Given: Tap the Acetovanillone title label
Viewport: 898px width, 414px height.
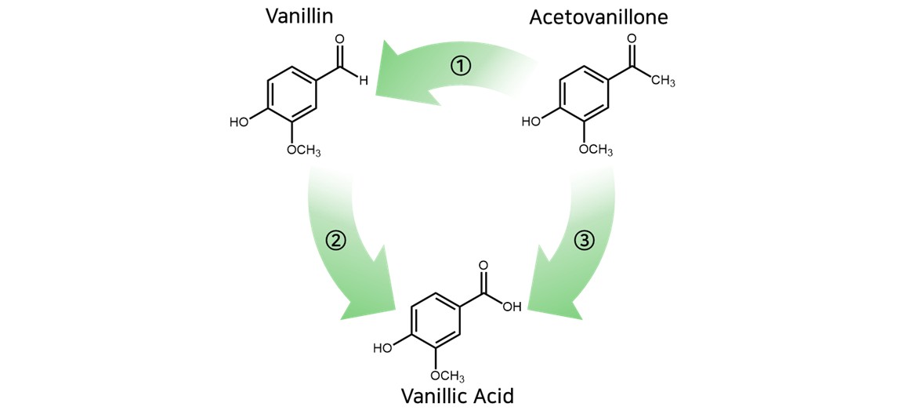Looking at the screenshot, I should pos(599,16).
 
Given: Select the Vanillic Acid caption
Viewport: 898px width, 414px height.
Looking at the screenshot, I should pos(458,395).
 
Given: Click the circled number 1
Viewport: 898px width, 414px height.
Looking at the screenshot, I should pos(461,66).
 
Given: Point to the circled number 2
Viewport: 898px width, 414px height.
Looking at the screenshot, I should pos(335,241).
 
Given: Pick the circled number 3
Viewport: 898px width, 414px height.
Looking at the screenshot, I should pos(585,241).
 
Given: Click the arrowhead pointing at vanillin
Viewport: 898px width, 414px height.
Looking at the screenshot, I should pos(396,72).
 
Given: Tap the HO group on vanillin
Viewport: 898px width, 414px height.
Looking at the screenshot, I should pos(238,122).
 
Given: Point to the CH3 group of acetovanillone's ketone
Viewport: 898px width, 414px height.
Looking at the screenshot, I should pos(662,81).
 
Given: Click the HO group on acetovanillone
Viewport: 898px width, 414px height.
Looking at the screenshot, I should pos(530,122).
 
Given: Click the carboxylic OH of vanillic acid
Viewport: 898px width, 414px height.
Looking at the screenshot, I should pos(512,307).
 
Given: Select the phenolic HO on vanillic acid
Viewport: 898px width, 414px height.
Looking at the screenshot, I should pos(382,348).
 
